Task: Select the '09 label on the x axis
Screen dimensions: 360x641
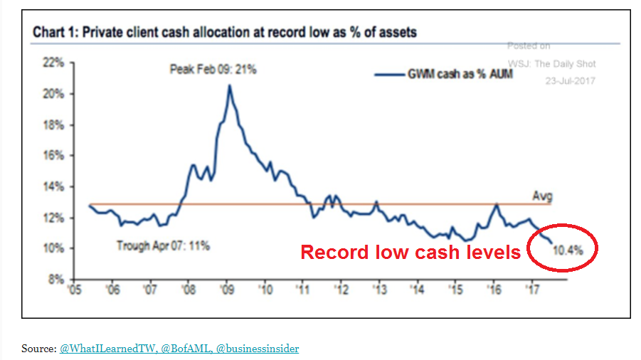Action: pos(227,290)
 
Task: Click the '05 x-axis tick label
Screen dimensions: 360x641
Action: pos(73,290)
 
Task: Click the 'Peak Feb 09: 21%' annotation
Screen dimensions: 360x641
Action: pos(213,70)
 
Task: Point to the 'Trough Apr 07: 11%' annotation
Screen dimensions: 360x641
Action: pos(163,246)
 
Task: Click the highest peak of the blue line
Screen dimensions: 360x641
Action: pos(229,85)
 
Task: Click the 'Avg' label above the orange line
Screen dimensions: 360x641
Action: pos(542,196)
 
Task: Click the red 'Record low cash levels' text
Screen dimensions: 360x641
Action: pos(410,252)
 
